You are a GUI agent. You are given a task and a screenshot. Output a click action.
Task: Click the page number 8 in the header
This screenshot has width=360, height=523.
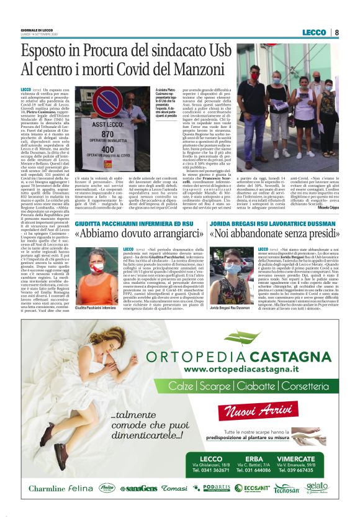(x=336, y=32)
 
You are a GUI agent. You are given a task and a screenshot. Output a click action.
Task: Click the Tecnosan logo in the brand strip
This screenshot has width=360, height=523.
(x=286, y=489)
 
